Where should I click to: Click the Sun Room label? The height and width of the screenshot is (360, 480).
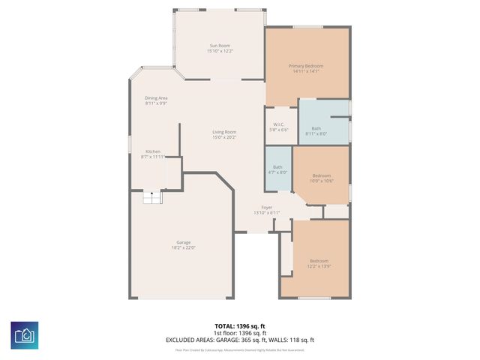tap(220, 46)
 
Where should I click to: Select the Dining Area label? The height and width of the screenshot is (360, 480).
tap(156, 98)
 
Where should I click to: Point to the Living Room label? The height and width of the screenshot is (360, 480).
tap(224, 132)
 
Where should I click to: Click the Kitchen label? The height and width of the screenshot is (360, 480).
tap(152, 151)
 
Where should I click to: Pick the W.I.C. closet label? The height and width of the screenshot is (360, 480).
tap(277, 124)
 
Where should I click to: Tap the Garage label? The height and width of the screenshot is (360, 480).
tap(183, 242)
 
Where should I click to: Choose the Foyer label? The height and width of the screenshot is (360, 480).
tap(266, 207)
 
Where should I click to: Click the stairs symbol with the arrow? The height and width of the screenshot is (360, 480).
tap(152, 197)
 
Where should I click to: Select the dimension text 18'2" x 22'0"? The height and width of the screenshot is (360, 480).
tap(183, 247)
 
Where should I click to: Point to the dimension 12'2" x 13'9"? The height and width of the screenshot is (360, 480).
tap(319, 266)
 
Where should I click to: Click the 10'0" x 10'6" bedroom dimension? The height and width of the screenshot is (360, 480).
tap(322, 181)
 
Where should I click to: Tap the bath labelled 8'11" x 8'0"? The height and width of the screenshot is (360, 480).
tap(316, 131)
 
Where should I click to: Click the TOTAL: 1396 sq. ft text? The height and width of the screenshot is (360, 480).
tap(240, 325)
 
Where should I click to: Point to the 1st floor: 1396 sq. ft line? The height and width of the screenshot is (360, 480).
tap(240, 332)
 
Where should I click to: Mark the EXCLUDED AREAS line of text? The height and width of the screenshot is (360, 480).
tap(240, 340)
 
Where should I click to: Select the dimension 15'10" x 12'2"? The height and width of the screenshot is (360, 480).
tap(220, 52)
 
